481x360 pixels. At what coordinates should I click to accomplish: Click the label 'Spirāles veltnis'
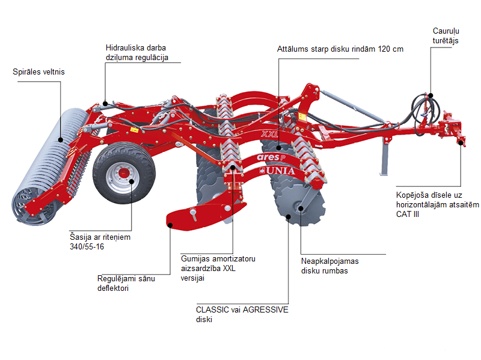38,72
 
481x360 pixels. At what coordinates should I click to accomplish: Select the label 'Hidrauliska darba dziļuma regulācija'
136,52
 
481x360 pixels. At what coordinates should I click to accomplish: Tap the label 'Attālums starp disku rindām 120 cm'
340,49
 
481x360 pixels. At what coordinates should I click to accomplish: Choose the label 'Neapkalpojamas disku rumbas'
334,266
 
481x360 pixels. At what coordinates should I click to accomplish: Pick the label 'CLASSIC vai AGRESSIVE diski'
242,314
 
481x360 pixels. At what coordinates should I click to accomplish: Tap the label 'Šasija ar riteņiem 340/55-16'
100,242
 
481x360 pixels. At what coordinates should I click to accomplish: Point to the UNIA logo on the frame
280,171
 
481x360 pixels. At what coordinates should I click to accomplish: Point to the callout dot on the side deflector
171,225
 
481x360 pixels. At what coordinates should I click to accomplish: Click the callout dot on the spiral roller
61,139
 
